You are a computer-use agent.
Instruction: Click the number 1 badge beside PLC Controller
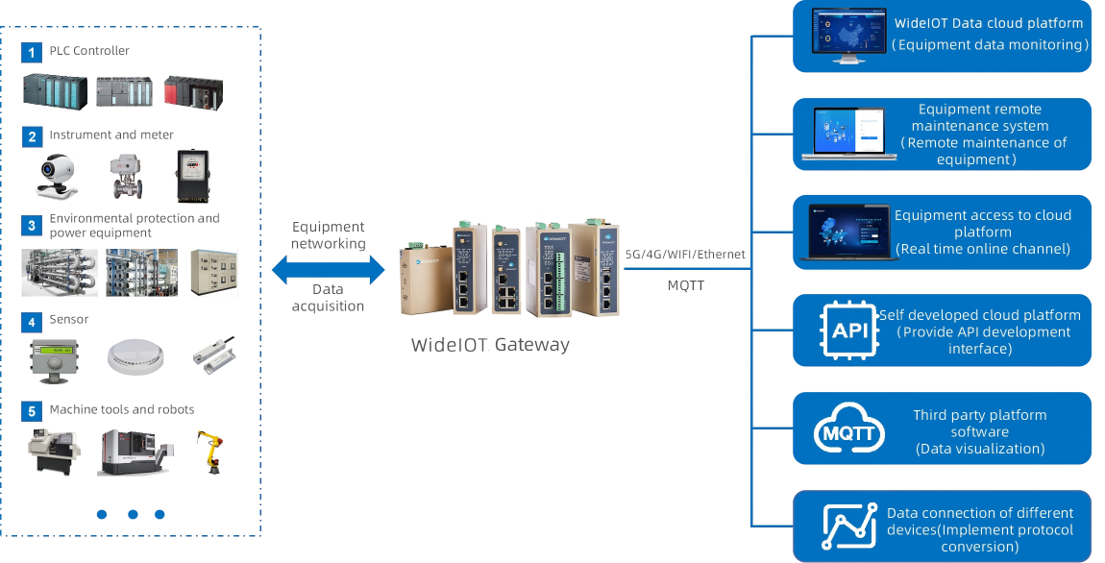32,52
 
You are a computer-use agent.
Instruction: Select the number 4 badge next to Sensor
32,321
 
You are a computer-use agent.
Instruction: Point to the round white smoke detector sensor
135,355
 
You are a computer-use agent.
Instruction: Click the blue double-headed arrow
328,270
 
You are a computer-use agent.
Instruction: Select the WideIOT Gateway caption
490,344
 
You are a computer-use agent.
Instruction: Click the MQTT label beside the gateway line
685,285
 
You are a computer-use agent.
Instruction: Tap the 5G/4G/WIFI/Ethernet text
685,255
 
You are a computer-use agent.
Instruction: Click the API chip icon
849,331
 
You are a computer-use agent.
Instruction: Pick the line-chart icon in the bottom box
849,526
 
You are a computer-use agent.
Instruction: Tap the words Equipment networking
329,235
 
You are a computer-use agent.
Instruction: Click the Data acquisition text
329,297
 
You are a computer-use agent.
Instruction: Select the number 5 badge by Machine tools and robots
32,411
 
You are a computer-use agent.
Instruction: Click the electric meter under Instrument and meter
191,177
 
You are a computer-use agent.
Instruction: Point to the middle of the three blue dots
133,514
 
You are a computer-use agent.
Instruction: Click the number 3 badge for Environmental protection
32,226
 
